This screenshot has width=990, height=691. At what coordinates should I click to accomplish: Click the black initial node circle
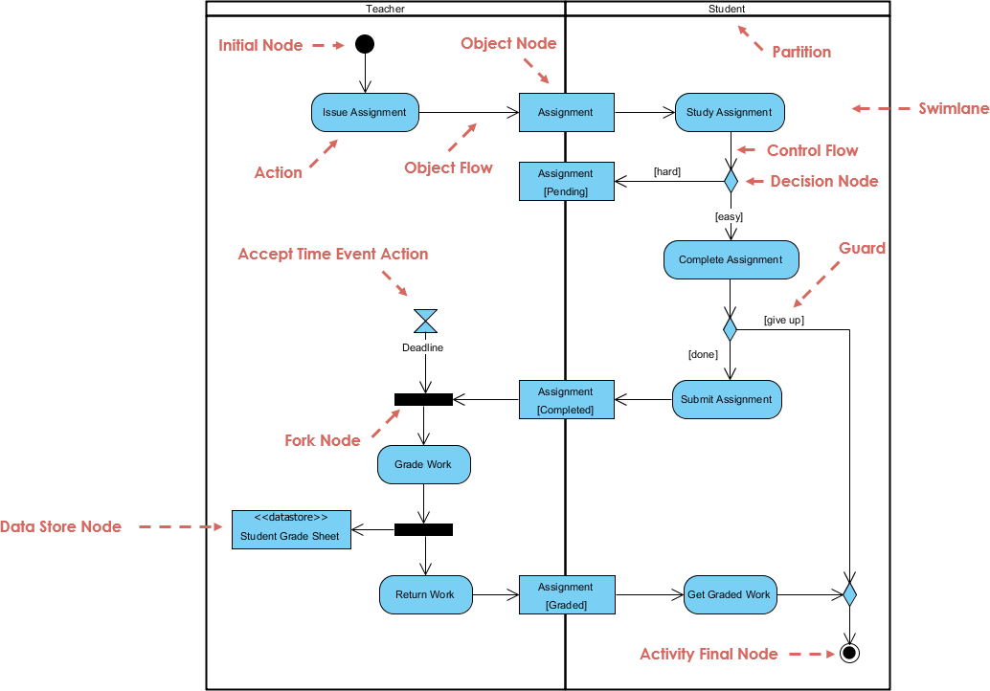pyautogui.click(x=364, y=44)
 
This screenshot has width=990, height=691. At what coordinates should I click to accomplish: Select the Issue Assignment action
pyautogui.click(x=365, y=112)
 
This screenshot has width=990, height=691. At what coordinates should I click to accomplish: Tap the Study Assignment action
pyautogui.click(x=730, y=112)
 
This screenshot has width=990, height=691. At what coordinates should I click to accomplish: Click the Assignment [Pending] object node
pyautogui.click(x=566, y=182)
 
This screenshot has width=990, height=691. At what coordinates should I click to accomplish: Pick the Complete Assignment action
pyautogui.click(x=731, y=259)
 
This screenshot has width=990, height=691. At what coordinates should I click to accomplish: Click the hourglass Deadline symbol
pyautogui.click(x=425, y=321)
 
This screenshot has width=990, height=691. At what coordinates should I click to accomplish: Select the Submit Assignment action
pyautogui.click(x=727, y=399)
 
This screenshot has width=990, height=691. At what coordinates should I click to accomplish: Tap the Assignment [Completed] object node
pyautogui.click(x=566, y=400)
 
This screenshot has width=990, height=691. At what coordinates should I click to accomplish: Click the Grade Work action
pyautogui.click(x=424, y=464)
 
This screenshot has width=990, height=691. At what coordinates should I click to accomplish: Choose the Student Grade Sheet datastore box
pyautogui.click(x=291, y=528)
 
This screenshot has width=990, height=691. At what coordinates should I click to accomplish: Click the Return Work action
pyautogui.click(x=425, y=594)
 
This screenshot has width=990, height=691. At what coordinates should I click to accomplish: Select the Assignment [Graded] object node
pyautogui.click(x=566, y=595)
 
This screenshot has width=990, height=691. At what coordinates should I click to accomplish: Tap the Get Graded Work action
pyautogui.click(x=729, y=594)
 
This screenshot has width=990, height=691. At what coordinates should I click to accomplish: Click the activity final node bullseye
pyautogui.click(x=848, y=654)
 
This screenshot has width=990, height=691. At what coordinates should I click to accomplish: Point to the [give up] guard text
pyautogui.click(x=783, y=320)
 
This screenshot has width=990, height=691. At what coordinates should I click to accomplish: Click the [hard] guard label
pyautogui.click(x=666, y=171)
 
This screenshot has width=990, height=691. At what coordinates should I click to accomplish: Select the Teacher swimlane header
pyautogui.click(x=386, y=9)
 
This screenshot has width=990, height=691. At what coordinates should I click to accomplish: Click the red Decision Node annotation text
pyautogui.click(x=823, y=181)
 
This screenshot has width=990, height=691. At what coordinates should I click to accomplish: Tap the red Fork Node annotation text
pyautogui.click(x=323, y=440)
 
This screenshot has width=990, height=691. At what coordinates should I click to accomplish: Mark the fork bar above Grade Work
pyautogui.click(x=423, y=399)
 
